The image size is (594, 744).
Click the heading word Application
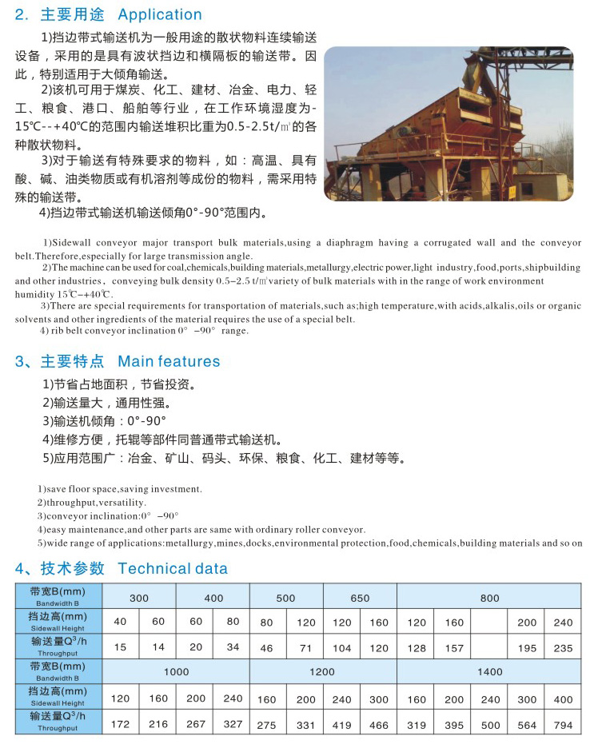160,14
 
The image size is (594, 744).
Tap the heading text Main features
169,361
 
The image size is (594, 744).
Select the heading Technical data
173,569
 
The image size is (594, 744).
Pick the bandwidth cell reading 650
360,598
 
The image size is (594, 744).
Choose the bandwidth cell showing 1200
321,672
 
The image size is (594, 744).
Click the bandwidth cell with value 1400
489,672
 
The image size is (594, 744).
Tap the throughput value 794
563,725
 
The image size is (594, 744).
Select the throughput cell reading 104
342,648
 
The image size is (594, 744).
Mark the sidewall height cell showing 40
121,622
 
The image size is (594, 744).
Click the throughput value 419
342,725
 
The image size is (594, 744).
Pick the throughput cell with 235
563,648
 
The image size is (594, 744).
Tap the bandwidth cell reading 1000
177,672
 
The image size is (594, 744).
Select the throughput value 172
121,725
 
